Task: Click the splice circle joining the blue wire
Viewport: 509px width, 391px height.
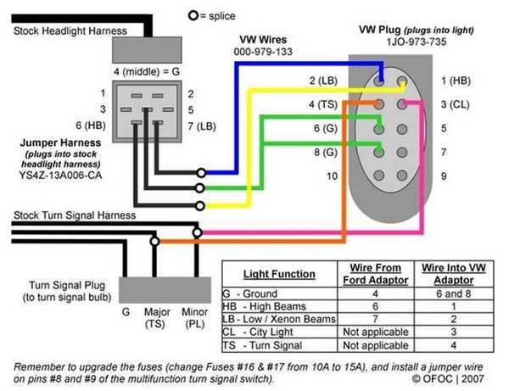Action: [x=201, y=173]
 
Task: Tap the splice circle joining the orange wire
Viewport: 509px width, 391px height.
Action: [x=155, y=242]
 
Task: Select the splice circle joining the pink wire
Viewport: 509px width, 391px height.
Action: [x=198, y=232]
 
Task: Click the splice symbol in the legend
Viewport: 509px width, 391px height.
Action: [x=193, y=15]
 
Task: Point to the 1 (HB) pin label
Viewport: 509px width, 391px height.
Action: [x=456, y=81]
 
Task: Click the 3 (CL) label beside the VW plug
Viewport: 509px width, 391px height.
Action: [x=455, y=104]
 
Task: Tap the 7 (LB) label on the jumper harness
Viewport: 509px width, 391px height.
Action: [x=202, y=126]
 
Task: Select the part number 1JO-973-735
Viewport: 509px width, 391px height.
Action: [x=417, y=42]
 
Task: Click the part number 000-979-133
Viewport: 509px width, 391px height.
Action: [x=263, y=52]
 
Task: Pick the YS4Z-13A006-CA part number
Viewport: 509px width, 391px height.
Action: [x=60, y=176]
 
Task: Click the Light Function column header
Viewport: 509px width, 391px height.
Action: [x=279, y=274]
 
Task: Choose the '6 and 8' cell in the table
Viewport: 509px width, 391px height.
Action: [x=454, y=293]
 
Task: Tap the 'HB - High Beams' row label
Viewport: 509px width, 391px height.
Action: [x=264, y=306]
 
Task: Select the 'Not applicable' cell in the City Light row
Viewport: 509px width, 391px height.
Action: [x=376, y=332]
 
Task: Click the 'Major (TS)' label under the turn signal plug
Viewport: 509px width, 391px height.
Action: [x=157, y=318]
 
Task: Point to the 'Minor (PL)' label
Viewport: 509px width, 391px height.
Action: [x=194, y=318]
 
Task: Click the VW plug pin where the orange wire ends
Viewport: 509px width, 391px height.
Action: [x=378, y=104]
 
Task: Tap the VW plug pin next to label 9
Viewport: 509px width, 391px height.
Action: [x=402, y=176]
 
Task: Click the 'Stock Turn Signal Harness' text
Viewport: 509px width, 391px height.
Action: [x=75, y=215]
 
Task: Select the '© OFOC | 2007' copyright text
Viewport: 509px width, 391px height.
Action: [x=448, y=378]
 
